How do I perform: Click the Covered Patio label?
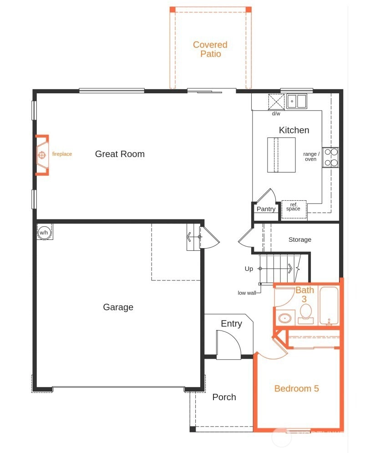pos(210,49)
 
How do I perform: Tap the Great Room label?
pos(120,154)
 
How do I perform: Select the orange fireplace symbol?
pos(42,155)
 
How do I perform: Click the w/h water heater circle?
pos(44,232)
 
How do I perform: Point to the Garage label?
pos(118,307)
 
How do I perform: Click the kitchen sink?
pos(297,102)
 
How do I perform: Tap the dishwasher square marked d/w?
pos(276,102)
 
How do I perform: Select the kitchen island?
pos(281,155)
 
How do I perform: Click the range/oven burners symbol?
pos(331,157)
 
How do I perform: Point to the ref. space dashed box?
pos(294,209)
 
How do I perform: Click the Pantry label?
pos(266,209)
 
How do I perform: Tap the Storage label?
pos(300,239)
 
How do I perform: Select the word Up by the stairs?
pos(248,269)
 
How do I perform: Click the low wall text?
pos(247,293)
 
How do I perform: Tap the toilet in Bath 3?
pos(306,314)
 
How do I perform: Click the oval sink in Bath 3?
pos(285,318)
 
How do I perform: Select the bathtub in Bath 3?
pos(329,306)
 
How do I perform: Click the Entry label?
pos(231,324)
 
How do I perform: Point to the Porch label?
pos(224,397)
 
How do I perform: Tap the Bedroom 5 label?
pos(297,388)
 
